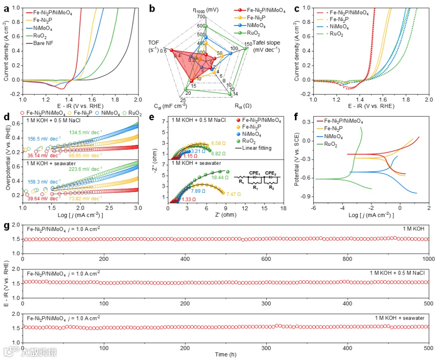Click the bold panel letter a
coord(6,7)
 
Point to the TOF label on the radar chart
coord(154,43)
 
